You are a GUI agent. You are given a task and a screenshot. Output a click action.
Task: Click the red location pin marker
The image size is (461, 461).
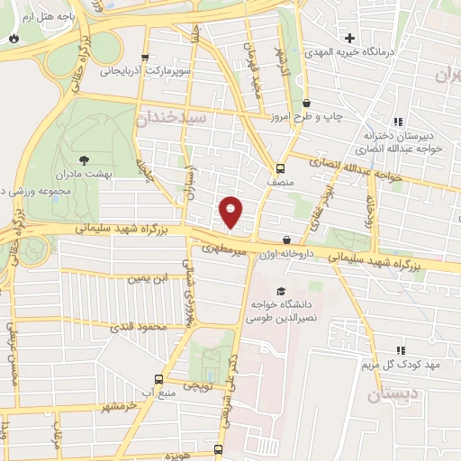click(231, 211)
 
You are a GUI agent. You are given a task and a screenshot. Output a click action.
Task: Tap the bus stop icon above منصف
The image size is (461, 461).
click(280, 167)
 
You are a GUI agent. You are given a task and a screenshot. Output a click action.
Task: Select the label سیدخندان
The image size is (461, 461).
click(173, 117)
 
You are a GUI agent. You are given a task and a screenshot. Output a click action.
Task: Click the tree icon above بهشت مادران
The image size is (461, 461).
click(86, 160)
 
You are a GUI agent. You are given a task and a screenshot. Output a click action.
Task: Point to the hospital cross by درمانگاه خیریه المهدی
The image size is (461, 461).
click(362, 38)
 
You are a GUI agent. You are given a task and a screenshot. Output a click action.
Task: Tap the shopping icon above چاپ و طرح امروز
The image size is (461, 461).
click(307, 104)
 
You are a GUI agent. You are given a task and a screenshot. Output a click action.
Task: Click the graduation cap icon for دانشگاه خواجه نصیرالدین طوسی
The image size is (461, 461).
click(282, 292)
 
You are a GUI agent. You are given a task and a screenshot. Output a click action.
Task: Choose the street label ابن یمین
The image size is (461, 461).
click(148, 280)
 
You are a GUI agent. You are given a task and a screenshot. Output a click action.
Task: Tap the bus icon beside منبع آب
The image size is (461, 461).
click(159, 380)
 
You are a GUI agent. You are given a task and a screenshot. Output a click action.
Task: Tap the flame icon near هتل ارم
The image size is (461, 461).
click(14, 37)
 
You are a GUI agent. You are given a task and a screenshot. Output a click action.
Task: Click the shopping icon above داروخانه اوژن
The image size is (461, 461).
click(286, 240)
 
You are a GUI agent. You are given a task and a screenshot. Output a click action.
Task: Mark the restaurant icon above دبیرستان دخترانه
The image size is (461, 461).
click(398, 122)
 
